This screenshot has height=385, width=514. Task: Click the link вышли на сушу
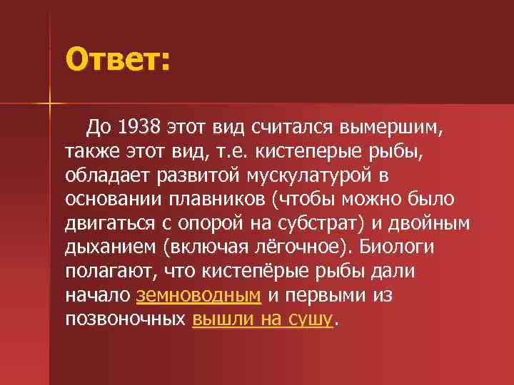tap(263, 319)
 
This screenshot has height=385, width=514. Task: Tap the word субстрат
tap(326, 224)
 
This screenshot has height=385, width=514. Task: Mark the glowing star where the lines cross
tap(50, 106)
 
